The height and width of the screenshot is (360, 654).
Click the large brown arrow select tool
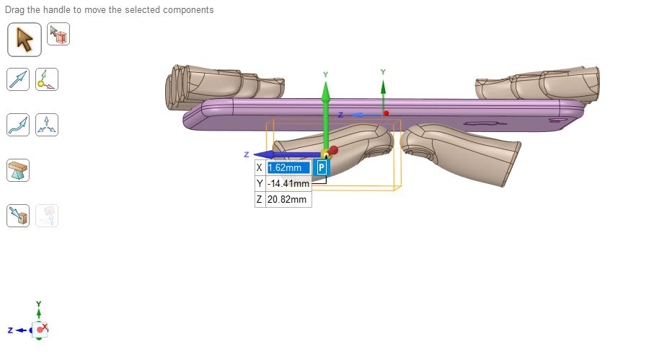(25, 39)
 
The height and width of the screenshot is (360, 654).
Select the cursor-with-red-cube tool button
(58, 35)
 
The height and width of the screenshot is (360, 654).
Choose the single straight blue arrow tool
(18, 79)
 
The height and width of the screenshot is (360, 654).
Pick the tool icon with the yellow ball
(46, 79)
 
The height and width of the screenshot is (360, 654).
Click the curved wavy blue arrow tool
(18, 125)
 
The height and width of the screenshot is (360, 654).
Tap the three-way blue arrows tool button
(46, 125)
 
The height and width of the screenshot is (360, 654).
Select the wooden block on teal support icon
(18, 170)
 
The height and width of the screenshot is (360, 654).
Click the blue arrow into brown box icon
(18, 215)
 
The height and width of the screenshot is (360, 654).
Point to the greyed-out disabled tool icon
(46, 215)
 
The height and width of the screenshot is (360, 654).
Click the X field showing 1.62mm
(288, 168)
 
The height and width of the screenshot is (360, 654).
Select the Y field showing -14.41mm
(288, 184)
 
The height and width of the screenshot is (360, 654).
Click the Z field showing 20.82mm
(288, 200)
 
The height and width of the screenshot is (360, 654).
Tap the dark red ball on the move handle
(334, 150)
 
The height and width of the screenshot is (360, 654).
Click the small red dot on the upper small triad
(386, 113)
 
